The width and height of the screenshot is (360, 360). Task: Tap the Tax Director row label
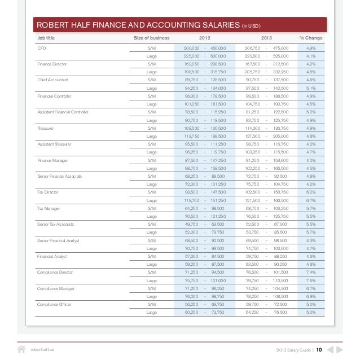point(47,192)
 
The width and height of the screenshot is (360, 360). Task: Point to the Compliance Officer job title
point(54,304)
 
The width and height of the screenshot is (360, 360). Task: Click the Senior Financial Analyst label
point(59,240)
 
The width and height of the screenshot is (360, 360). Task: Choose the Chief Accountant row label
point(51,80)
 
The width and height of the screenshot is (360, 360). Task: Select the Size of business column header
point(151,38)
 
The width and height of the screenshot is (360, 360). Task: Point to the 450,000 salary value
point(218,49)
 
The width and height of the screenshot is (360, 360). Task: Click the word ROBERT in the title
point(54,25)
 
